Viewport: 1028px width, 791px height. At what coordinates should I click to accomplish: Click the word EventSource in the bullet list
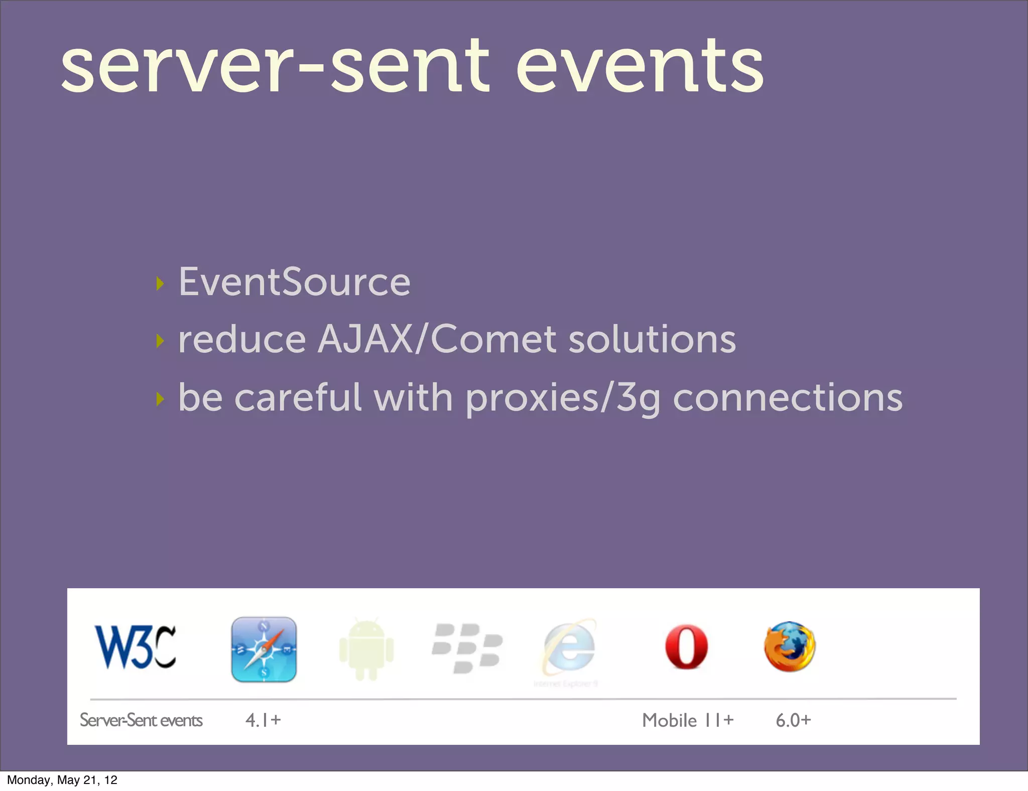pos(295,282)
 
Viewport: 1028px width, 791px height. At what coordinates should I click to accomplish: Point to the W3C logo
pos(136,647)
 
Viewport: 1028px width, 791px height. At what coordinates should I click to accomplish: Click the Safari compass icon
pos(264,649)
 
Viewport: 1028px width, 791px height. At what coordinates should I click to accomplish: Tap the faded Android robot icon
pos(366,649)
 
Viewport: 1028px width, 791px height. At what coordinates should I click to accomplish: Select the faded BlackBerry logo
pos(467,648)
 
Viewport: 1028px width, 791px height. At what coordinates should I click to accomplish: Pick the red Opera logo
pos(686,647)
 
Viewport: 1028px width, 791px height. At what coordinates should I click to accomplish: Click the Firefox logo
pos(790,646)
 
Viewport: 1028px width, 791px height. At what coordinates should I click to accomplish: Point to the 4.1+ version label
pos(263,720)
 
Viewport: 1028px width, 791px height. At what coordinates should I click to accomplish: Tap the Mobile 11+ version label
pos(688,720)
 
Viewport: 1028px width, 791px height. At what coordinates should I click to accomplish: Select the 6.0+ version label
pos(793,720)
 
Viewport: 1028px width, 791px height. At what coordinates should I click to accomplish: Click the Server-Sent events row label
pos(141,720)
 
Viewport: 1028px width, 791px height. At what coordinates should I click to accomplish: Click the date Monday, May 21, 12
pos(62,780)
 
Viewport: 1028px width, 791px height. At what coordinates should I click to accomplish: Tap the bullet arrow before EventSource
pos(160,284)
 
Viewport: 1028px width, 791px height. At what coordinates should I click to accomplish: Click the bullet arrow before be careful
pos(160,400)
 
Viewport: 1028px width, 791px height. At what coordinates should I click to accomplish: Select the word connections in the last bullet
pos(787,398)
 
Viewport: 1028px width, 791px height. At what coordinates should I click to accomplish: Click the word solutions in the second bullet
pos(652,339)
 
